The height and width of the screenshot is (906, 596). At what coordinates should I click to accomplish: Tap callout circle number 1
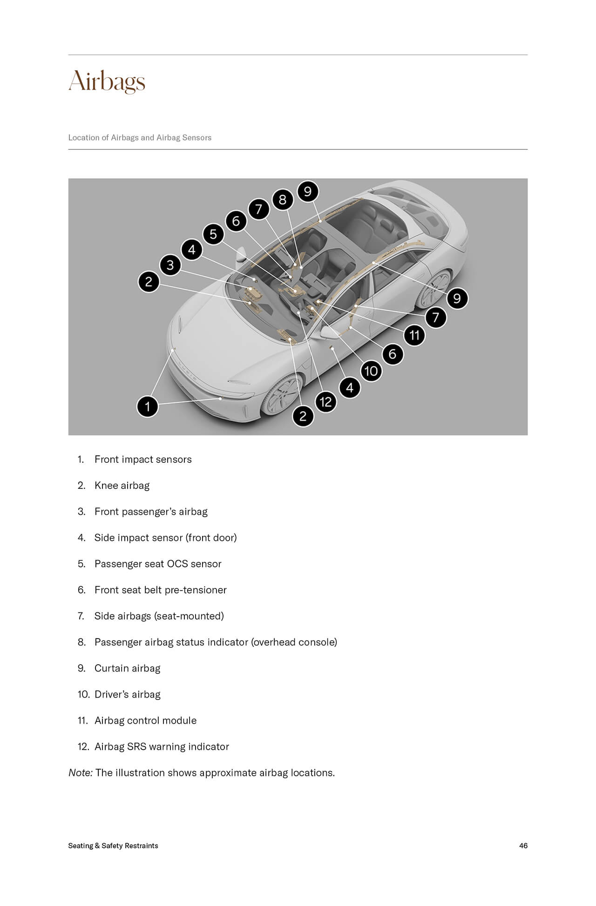pos(148,406)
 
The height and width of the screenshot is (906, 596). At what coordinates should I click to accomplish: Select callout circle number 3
pos(170,265)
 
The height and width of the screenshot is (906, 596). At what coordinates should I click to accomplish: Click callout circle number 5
pos(213,234)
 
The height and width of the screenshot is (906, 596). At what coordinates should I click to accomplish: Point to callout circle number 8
pos(283,200)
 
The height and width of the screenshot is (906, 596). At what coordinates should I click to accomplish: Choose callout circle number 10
pos(371,371)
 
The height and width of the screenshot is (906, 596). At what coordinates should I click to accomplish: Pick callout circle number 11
pos(414,335)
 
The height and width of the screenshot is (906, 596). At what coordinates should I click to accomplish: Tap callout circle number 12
pos(326,402)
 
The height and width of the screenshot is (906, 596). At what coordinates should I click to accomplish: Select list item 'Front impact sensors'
pos(143,460)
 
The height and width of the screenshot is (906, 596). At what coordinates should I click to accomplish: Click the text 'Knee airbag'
pos(122,486)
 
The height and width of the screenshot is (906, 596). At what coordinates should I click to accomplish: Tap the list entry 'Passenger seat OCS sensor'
pos(158,564)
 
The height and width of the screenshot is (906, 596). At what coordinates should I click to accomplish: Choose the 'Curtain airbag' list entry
pos(127,668)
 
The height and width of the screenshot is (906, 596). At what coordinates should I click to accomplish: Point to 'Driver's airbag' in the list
pos(127,694)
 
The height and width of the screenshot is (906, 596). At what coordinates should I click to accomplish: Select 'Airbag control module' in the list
pos(145,720)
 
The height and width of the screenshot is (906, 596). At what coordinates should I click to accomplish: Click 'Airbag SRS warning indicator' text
pos(162,746)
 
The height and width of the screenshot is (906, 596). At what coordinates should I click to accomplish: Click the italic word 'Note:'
pos(81,773)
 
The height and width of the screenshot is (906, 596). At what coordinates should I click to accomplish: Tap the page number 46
pos(523,846)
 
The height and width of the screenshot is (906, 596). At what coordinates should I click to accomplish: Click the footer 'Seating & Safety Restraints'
pos(113,846)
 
